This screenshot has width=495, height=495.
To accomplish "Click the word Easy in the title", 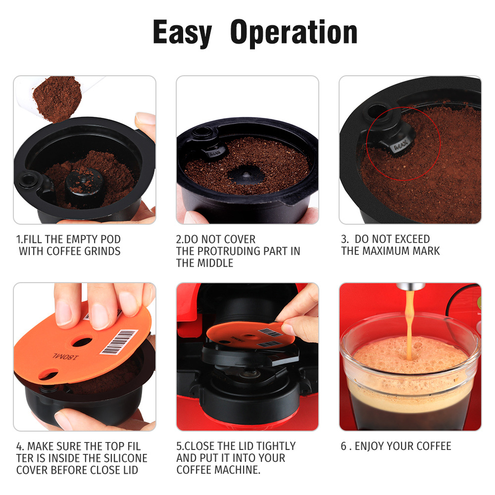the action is pyautogui.click(x=182, y=33).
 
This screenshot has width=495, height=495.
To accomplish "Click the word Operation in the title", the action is pyautogui.click(x=294, y=33).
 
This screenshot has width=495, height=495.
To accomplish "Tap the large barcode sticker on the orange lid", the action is pyautogui.click(x=119, y=342).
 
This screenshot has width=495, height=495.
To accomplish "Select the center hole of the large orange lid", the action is pyautogui.click(x=82, y=342).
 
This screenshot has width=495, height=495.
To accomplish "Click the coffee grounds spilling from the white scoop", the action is pyautogui.click(x=57, y=98).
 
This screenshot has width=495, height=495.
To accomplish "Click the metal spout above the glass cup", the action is pyautogui.click(x=410, y=287).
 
